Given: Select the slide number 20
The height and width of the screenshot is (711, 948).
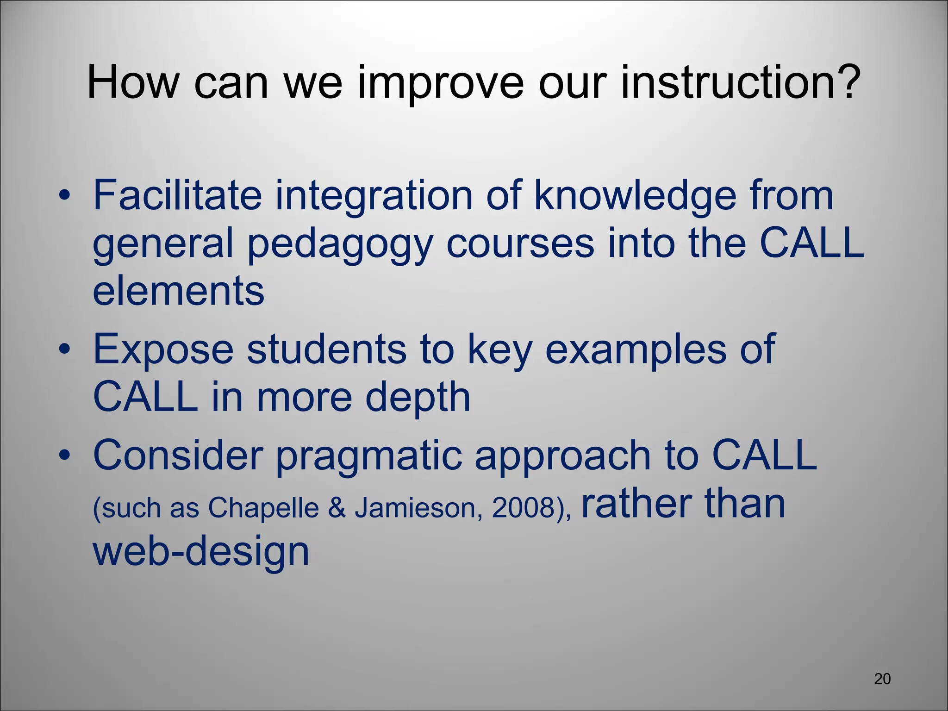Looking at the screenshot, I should [x=882, y=679].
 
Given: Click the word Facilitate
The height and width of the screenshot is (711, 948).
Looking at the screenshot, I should [x=177, y=195].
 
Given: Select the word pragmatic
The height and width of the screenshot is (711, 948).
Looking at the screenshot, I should [x=368, y=456].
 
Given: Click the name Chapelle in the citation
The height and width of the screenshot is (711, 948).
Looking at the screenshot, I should [x=263, y=508].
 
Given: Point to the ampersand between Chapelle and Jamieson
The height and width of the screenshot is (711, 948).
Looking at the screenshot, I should [x=337, y=508].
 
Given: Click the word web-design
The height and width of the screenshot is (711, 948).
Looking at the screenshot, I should [x=200, y=552].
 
